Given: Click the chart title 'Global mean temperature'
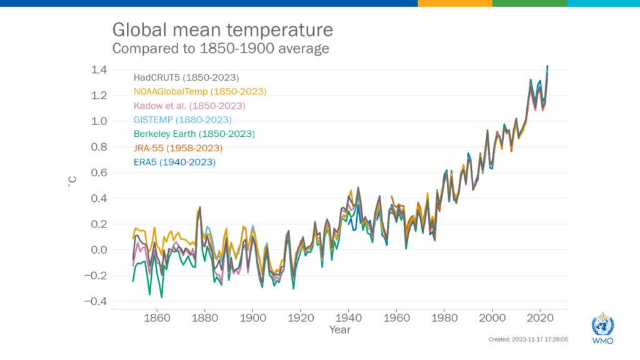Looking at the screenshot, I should pos(222,30).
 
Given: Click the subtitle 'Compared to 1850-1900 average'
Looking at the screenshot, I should pos(220,48).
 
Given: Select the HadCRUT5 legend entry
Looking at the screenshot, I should pos(186,78).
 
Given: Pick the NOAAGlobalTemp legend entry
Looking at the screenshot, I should pos(200,92).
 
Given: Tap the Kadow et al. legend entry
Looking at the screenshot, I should pos(189,106).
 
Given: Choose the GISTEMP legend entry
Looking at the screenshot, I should pos(182,120).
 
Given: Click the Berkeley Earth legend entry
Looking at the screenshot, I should pos(194,134).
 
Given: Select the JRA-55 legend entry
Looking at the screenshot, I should pos(177,148).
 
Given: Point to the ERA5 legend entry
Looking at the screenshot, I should pos(174,162).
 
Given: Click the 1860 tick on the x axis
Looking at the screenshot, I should pos(156,317).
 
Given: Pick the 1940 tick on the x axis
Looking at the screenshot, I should pos(348,317).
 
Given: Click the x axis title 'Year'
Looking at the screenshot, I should pos(341,329).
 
